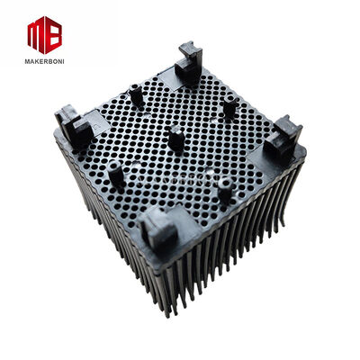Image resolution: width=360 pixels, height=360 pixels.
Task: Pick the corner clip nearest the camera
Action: click(158, 229)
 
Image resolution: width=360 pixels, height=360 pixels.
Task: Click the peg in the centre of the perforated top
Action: click(176, 139)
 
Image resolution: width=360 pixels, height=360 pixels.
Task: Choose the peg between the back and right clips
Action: click(229, 108)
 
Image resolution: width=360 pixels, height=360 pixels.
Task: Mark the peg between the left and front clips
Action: click(116, 173)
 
